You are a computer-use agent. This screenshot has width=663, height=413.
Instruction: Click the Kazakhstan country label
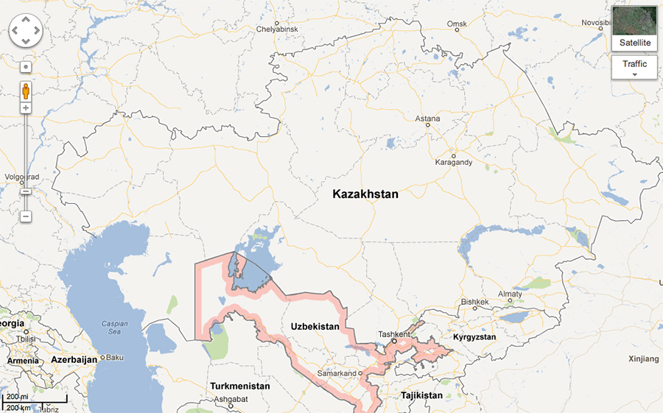point(365,194)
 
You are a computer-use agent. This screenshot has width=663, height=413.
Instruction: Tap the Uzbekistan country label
point(315,326)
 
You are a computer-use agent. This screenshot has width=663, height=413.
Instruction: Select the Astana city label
point(427,119)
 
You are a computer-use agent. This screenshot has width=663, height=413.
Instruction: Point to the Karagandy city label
point(453,162)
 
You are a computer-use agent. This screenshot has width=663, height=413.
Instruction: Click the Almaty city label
point(510,294)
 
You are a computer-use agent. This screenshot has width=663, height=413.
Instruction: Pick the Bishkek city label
point(474,302)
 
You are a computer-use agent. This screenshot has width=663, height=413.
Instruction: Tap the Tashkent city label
point(393,333)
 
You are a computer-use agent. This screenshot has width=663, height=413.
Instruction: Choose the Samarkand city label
point(336,373)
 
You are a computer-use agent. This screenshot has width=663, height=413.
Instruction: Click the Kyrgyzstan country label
point(474,337)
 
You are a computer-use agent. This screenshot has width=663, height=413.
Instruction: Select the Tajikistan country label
point(421,395)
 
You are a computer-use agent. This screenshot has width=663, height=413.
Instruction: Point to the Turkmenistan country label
point(239,386)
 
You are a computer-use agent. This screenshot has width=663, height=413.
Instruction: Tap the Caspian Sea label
point(114,328)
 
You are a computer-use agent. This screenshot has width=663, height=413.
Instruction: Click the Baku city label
point(115,358)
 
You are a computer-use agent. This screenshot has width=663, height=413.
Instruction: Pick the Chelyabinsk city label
point(276,29)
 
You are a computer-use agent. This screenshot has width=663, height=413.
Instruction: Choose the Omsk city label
point(457,24)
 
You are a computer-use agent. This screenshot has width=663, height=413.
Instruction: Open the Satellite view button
point(634,29)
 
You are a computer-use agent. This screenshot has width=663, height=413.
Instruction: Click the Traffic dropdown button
point(634,68)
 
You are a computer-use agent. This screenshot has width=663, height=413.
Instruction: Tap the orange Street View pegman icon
point(26,91)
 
